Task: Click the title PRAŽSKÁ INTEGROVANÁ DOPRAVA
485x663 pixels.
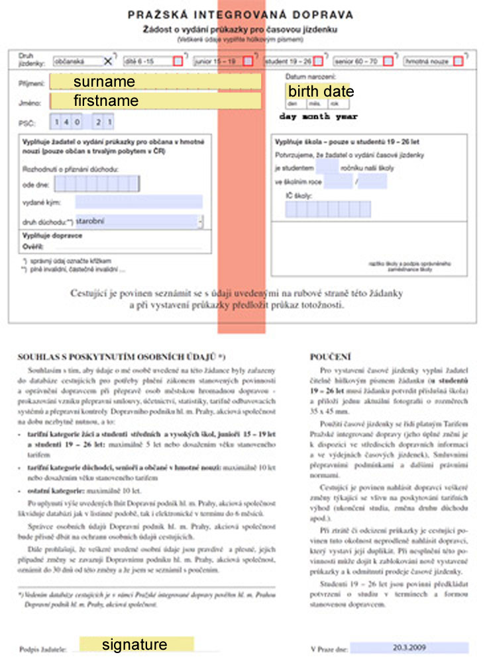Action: coord(240,14)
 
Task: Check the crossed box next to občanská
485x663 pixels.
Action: coord(108,62)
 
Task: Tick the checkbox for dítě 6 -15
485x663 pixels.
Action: coord(178,62)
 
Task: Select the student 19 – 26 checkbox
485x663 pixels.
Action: coord(319,62)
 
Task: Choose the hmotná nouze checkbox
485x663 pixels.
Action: coord(459,62)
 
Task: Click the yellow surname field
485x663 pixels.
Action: coord(156,82)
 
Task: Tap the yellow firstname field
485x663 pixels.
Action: coord(156,101)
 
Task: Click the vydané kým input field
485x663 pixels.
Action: coord(138,202)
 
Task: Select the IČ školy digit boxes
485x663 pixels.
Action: coord(319,210)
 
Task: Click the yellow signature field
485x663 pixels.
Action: coord(136,645)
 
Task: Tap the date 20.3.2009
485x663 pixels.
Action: coord(409,647)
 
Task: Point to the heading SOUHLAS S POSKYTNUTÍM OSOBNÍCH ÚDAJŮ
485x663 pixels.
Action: coord(122,357)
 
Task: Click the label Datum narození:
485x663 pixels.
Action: coord(305,78)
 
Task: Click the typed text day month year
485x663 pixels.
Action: coord(318,116)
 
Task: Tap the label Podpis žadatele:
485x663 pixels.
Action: coord(44,649)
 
